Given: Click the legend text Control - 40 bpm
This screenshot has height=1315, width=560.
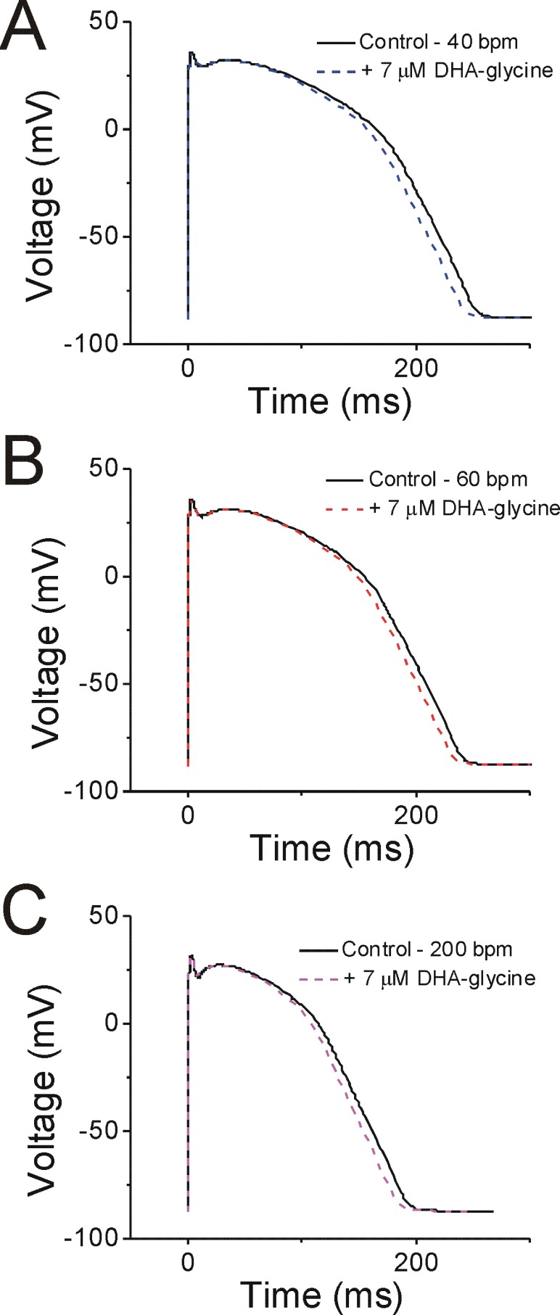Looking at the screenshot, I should [438, 42].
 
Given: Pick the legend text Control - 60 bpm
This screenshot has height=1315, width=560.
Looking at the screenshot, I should [448, 479].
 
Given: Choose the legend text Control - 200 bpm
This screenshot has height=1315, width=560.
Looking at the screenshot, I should [427, 949].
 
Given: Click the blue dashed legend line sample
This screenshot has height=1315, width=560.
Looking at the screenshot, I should [335, 70].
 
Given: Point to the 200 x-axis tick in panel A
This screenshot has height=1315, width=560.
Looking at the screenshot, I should [416, 368].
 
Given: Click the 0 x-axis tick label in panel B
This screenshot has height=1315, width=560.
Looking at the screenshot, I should [189, 815].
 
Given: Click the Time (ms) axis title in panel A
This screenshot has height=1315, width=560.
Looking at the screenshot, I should [330, 402].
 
